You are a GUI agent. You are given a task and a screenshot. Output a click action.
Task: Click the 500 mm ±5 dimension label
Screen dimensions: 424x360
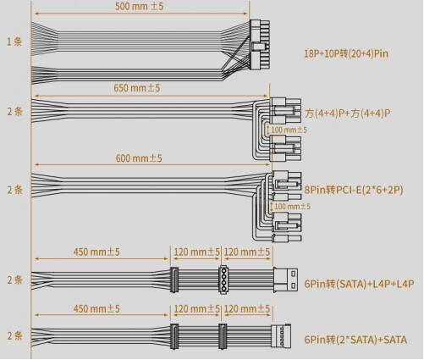[x=139, y=6]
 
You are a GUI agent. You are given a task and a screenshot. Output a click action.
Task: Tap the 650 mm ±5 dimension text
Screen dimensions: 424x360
[x=137, y=88]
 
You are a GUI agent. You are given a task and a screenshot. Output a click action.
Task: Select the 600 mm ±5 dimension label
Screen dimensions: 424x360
[x=139, y=158]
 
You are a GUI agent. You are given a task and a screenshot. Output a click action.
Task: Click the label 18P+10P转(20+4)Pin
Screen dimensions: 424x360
[x=346, y=53]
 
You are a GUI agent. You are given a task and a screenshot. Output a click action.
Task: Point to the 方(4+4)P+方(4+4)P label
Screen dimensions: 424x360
[x=347, y=114]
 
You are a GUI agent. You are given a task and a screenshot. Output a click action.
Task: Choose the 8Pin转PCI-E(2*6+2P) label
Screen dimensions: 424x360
[x=354, y=190]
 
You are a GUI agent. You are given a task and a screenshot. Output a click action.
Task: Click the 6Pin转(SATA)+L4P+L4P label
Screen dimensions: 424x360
[x=359, y=284]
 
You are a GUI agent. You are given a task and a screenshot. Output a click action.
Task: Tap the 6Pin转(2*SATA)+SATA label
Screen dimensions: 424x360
[x=355, y=340]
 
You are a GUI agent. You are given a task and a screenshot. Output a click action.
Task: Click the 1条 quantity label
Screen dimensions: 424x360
[x=14, y=42]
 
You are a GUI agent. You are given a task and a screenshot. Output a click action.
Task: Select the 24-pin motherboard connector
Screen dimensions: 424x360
[x=260, y=45]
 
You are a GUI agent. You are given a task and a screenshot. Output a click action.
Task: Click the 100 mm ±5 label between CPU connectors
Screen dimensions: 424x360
[x=289, y=130]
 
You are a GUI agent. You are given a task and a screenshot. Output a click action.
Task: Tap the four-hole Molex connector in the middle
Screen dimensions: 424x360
[x=223, y=280]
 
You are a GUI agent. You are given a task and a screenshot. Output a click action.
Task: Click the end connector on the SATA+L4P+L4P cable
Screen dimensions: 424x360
[x=285, y=280]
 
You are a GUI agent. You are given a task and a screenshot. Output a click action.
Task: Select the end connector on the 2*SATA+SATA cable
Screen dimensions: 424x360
[x=281, y=336]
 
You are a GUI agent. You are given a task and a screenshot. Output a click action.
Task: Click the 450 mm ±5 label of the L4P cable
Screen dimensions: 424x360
[x=96, y=252]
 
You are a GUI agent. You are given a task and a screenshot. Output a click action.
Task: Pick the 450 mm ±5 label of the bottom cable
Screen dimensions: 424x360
[x=96, y=308]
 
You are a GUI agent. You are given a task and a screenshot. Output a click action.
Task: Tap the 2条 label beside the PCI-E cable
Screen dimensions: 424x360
[x=14, y=190]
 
